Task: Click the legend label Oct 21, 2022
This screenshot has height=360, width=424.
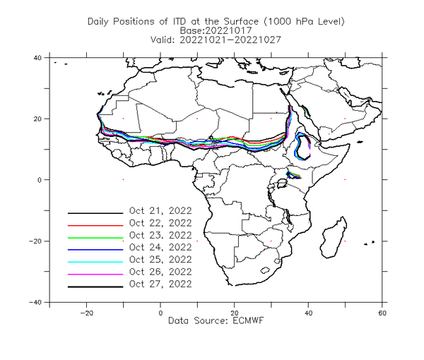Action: pos(160,211)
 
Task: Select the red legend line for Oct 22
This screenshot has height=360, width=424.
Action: pos(95,225)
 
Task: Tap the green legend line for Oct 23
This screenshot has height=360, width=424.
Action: pos(95,238)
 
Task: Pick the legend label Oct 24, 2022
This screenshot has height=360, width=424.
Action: pos(160,247)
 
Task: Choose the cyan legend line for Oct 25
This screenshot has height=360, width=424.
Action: pos(95,262)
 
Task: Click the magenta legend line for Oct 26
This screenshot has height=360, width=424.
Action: pos(95,275)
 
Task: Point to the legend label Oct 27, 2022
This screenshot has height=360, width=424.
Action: pos(160,284)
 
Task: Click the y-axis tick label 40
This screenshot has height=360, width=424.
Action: pos(37,58)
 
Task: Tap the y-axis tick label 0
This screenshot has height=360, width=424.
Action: pos(40,180)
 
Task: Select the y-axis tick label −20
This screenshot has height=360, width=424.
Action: pos(35,241)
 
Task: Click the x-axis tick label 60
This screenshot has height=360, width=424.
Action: pos(382,313)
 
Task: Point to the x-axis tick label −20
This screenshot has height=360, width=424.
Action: pos(86,313)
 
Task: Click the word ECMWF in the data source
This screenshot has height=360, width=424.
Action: pos(248,321)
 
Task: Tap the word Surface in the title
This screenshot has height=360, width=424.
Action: pos(241,21)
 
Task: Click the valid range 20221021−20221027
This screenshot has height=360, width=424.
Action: pos(230,40)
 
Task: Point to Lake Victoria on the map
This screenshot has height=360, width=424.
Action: pos(281,184)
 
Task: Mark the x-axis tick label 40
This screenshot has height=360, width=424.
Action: pos(308,313)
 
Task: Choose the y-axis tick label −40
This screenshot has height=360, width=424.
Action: pos(35,303)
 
